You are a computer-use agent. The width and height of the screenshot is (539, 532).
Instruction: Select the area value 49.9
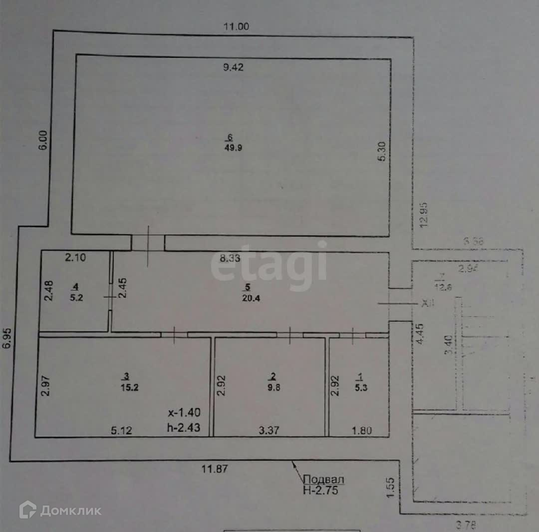point(231,147)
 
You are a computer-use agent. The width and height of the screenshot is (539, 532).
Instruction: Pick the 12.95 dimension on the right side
point(425,215)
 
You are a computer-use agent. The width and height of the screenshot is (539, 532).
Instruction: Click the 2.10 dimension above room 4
point(75,258)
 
